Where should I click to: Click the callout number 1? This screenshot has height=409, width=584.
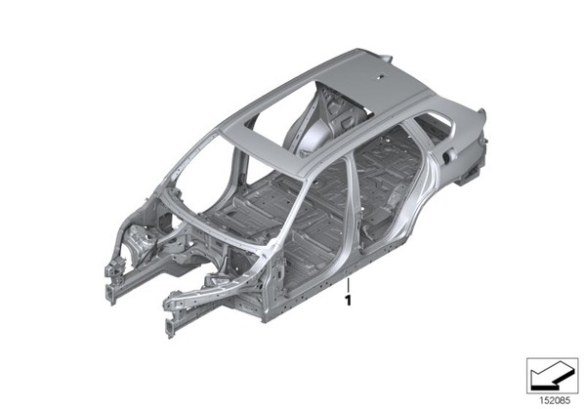349,301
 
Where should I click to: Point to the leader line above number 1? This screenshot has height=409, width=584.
349,285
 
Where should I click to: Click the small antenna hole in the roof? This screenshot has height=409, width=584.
382,77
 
